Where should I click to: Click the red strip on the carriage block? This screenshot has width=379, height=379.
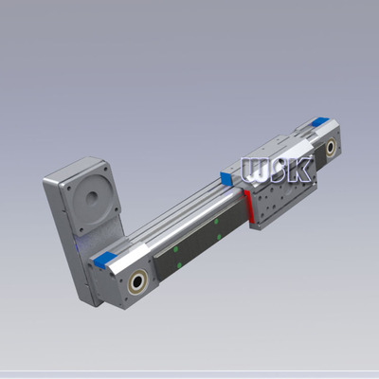point(247,205)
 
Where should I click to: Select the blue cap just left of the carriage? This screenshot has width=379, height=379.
point(226,175)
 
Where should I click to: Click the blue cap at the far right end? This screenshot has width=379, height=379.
point(318,120)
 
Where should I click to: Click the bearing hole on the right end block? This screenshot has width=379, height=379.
point(330,149)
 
